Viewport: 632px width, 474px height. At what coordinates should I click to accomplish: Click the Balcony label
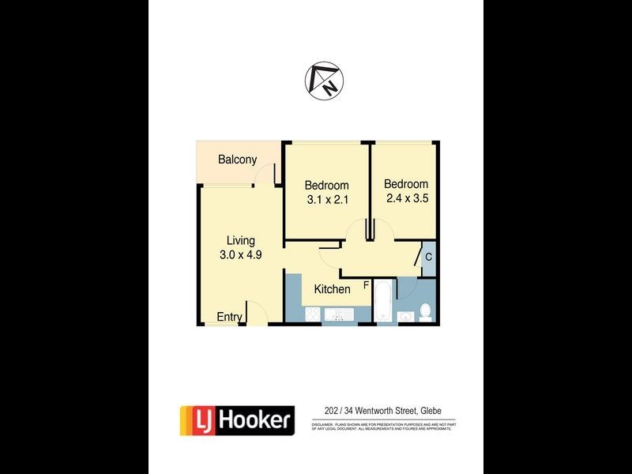238,160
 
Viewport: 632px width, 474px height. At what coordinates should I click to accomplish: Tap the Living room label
241,240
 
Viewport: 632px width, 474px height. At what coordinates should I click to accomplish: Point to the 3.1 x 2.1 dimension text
327,200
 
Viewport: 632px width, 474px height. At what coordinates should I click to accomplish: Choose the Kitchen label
332,289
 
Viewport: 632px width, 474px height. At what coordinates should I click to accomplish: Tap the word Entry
229,317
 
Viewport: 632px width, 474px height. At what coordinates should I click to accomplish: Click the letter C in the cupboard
428,256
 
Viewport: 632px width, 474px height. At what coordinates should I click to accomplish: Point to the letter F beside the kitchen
366,284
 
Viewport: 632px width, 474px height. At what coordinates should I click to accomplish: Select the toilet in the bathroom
425,311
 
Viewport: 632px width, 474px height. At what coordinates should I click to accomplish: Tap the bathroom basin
406,317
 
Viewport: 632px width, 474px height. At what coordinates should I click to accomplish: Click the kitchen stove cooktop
313,314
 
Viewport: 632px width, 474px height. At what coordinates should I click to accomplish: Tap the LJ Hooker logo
237,419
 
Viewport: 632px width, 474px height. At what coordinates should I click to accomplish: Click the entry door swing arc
258,311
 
